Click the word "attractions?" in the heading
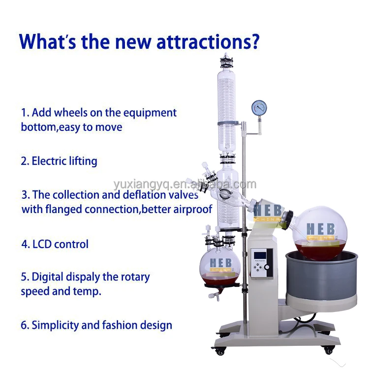(207, 41)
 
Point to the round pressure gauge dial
(258, 107)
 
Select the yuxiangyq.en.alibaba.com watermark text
(184, 184)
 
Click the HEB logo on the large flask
(320, 230)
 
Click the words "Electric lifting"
(64, 161)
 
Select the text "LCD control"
(61, 244)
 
